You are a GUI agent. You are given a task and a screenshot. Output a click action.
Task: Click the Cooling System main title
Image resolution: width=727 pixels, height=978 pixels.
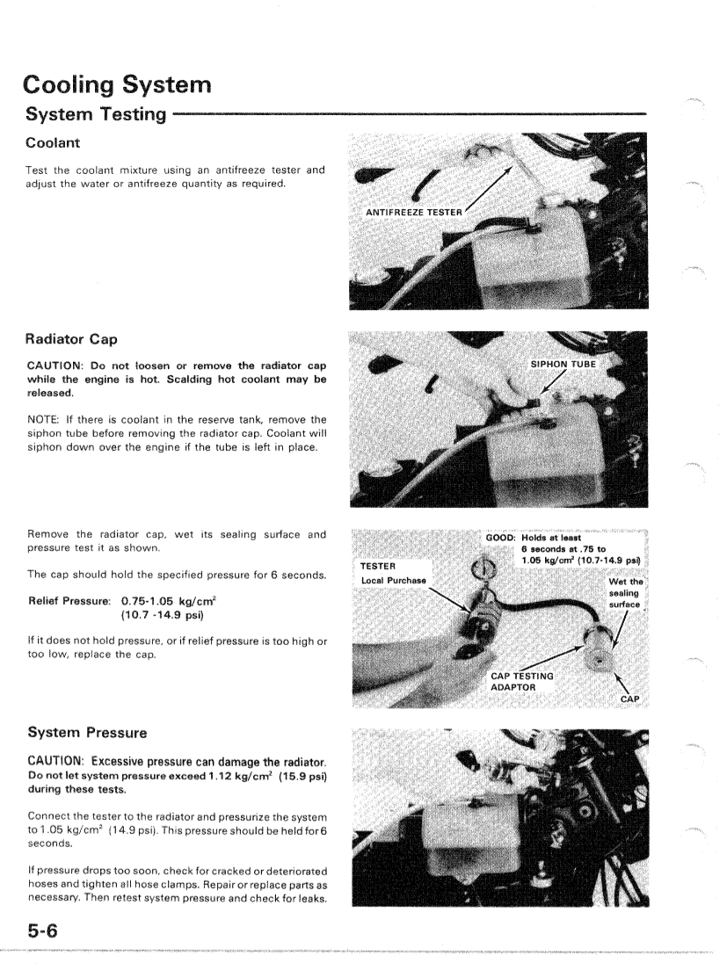[118, 85]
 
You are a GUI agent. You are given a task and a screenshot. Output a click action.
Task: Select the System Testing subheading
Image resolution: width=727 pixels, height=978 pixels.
[97, 114]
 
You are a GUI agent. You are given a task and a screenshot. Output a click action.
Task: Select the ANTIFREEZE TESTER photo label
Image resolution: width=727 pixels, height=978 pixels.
[414, 213]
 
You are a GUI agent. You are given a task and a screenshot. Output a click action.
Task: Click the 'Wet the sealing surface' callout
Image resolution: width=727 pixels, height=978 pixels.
[625, 593]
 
